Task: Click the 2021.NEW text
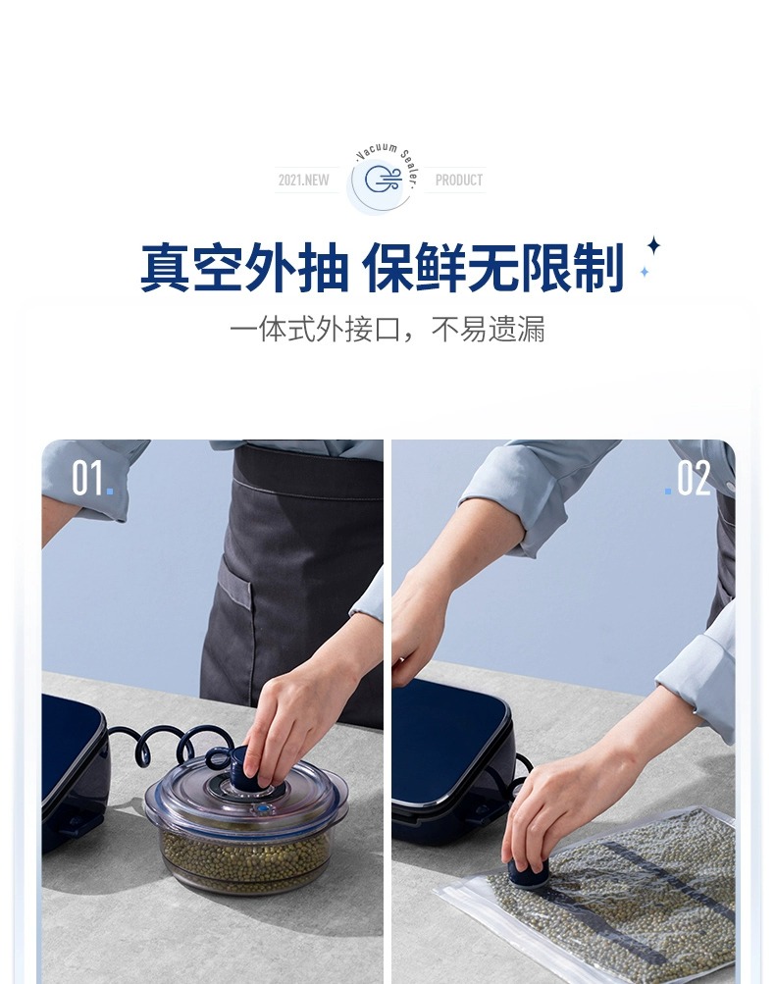click(x=304, y=181)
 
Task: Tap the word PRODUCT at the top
click(x=459, y=181)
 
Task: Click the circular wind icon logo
click(x=383, y=180)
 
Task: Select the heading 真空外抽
click(x=244, y=268)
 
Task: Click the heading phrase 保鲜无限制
click(x=493, y=268)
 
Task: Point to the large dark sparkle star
click(x=654, y=245)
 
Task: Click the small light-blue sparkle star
click(x=644, y=272)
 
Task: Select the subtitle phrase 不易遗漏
click(x=489, y=329)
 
